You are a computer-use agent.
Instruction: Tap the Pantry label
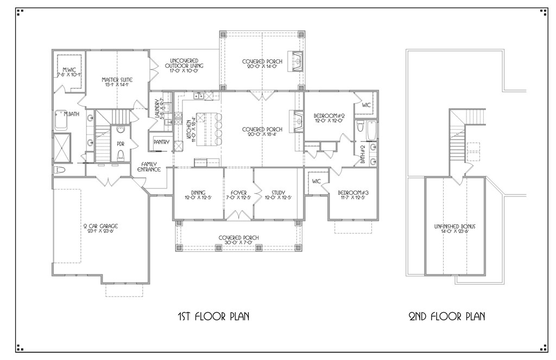[162, 142]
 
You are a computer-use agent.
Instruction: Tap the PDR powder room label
[121, 144]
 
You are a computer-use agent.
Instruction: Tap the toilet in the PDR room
[121, 156]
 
